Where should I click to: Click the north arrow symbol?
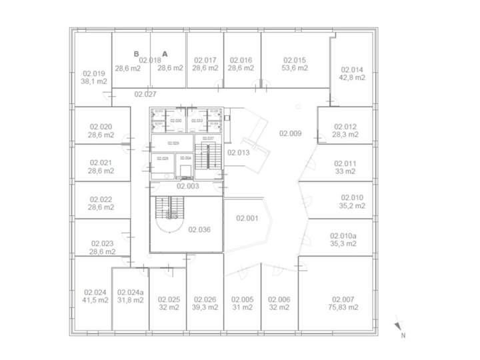coord(398,327)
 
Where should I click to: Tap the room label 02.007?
coord(345,299)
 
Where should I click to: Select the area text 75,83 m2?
coord(345,307)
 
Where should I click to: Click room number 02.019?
coord(93,74)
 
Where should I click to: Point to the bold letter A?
coord(165,53)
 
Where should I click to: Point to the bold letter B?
coord(136,53)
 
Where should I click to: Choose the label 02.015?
coord(294,60)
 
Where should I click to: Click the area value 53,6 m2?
coord(294,68)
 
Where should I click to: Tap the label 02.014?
coord(352,70)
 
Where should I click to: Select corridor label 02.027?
coord(145,94)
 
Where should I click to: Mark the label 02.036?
coord(199,229)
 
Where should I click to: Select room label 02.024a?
coord(130,292)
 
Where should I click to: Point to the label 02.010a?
coord(344,235)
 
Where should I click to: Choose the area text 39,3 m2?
coord(205,307)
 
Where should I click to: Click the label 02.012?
coord(345,127)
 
